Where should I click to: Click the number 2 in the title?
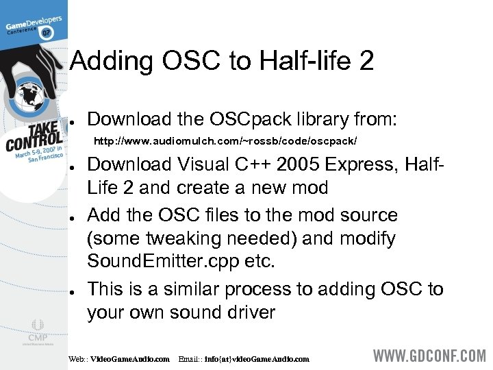(x=365, y=62)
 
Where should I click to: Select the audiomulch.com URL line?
(x=225, y=140)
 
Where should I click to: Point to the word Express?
(x=362, y=165)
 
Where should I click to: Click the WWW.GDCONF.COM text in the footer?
(x=429, y=357)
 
